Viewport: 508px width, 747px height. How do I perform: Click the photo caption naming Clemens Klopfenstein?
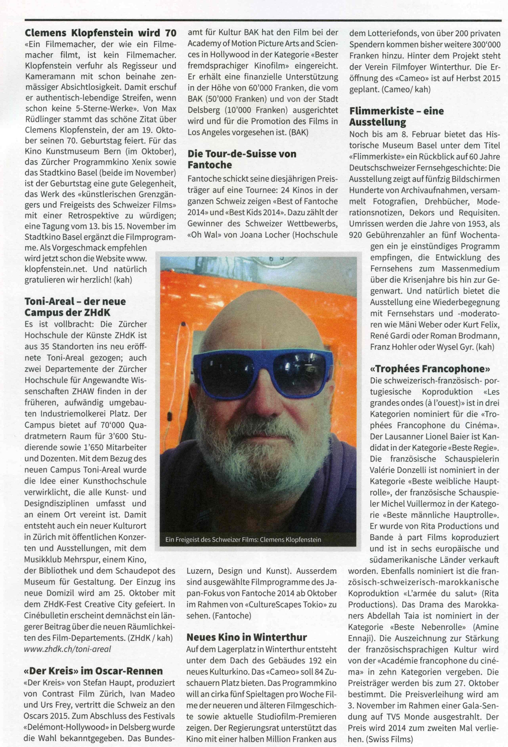pyautogui.click(x=243, y=539)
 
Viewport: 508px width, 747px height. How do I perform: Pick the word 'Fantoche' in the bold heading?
pyautogui.click(x=210, y=165)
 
